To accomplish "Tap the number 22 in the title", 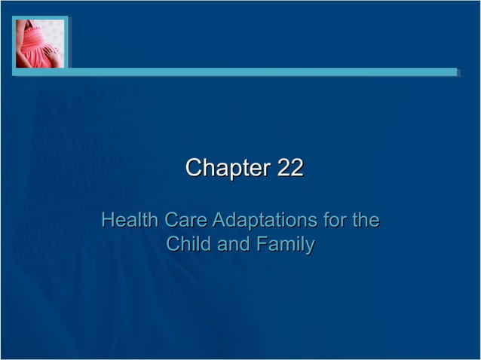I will coord(290,168).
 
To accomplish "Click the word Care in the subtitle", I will coord(186,221).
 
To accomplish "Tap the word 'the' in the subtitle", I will coord(365,221).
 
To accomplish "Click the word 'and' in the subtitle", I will coord(233,244).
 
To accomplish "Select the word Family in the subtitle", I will coord(285,245).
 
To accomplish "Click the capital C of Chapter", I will coord(193,168).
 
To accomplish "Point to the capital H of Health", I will coord(108,221).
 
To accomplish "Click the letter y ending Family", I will coord(309,246).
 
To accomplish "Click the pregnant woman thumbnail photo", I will coord(40,44).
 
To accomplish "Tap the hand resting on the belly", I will coord(51,54).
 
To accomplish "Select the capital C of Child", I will coord(172,244).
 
